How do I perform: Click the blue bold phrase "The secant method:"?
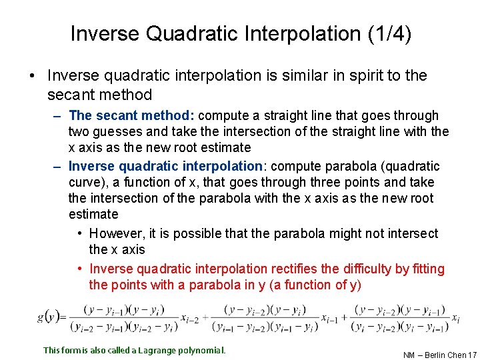(132, 116)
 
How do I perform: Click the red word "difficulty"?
(365, 269)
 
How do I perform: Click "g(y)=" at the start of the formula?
(49, 316)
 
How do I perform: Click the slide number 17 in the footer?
(472, 355)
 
